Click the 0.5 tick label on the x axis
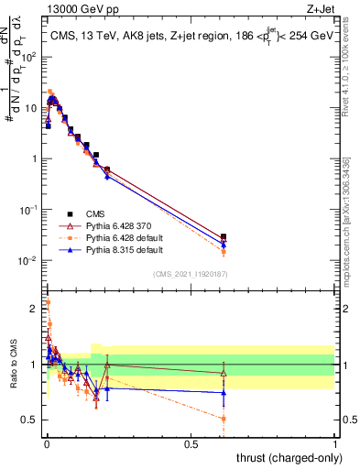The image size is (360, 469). [x=191, y=443]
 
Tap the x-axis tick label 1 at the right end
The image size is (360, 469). [x=336, y=443]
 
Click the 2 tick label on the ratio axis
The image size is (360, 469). [x=34, y=309]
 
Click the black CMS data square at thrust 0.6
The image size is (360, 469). [x=224, y=236]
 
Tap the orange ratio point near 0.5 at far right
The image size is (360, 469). [x=224, y=419]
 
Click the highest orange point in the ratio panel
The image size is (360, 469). [x=48, y=301]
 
